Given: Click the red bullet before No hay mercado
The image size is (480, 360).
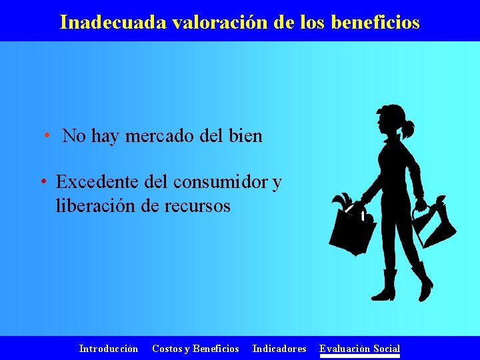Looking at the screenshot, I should coord(47,136).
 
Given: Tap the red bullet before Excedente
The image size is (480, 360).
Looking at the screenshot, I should coord(42,181).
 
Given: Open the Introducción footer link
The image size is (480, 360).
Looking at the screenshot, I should coord(109,348).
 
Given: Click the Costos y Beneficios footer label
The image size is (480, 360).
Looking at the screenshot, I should coord(195,348).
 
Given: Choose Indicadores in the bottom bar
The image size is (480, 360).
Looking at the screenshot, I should coord(279,348).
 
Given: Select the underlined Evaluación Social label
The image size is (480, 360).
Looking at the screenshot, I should coord(360,348).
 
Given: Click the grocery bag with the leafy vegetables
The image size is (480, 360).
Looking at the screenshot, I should coord(353,230).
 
